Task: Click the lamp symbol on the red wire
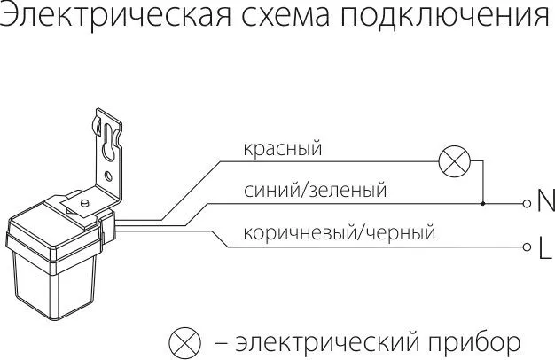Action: point(455,161)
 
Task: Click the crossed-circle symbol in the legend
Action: point(184,341)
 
